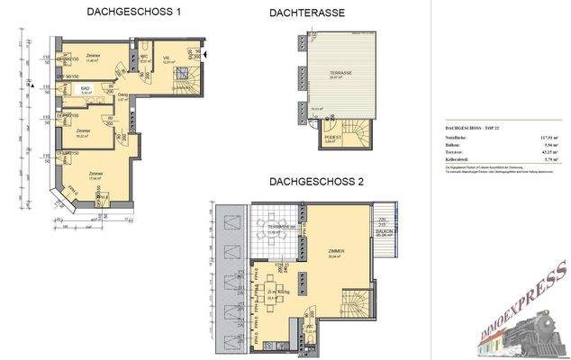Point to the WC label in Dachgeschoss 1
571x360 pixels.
pyautogui.click(x=143, y=58)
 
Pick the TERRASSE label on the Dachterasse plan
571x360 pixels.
pyautogui.click(x=340, y=74)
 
